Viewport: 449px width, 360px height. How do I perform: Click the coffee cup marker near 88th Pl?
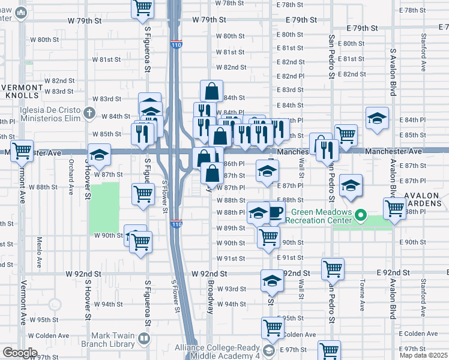[276, 213]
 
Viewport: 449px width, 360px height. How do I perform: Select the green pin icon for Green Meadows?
[360, 214]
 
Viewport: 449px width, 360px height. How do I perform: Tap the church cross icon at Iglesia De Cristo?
[89, 112]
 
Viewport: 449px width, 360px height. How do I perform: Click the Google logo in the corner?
[20, 353]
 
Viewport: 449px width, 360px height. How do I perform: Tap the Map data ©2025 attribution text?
[423, 355]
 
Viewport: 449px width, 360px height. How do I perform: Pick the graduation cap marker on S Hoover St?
[99, 154]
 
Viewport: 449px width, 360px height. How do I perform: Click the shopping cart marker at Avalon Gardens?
[394, 208]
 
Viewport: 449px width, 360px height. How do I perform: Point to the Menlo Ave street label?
[39, 252]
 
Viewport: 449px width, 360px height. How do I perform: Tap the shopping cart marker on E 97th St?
[330, 350]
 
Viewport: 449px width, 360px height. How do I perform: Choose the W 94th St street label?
[108, 304]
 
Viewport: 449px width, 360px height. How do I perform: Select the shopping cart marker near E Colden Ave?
[273, 328]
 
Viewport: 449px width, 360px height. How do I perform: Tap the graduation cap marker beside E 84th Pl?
[377, 118]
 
